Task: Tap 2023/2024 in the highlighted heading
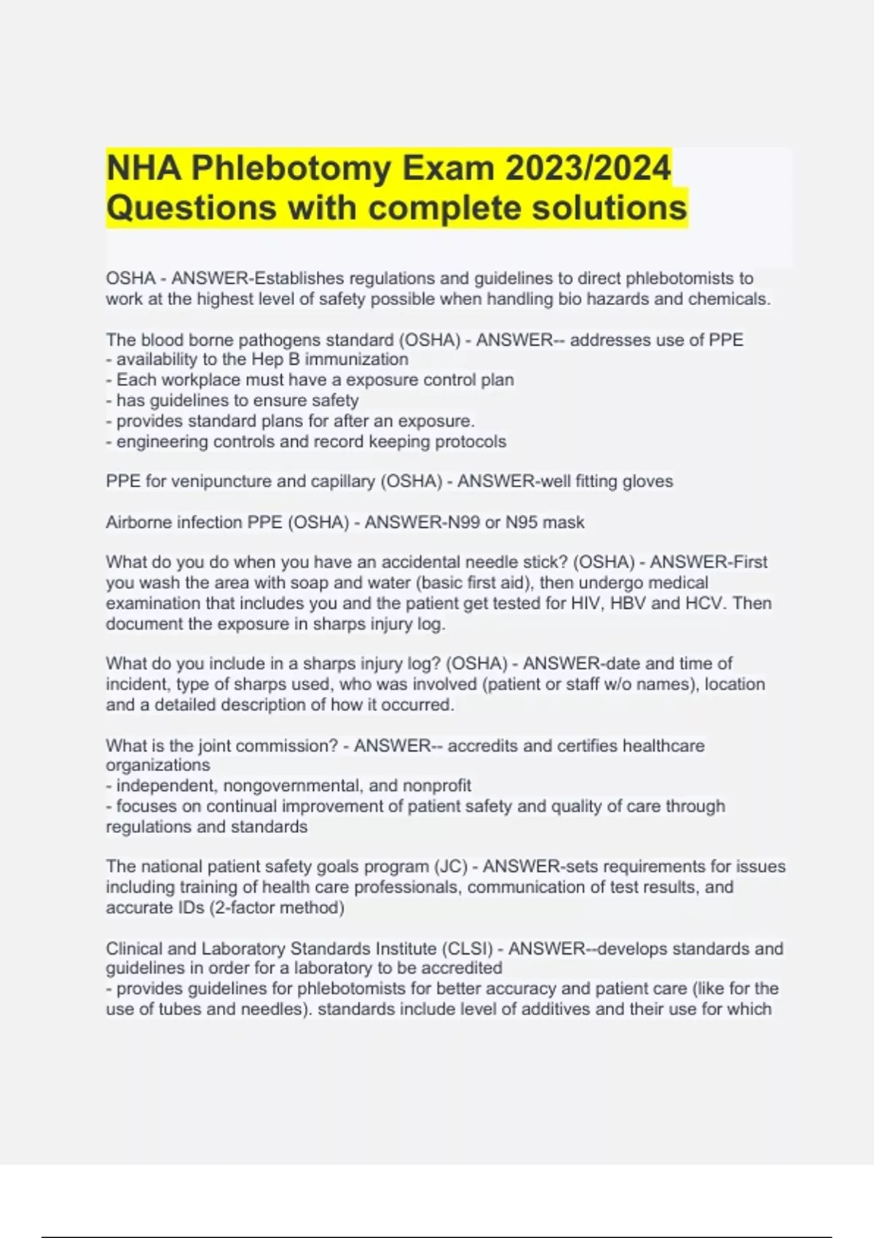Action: click(x=588, y=169)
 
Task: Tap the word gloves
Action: click(x=647, y=481)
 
